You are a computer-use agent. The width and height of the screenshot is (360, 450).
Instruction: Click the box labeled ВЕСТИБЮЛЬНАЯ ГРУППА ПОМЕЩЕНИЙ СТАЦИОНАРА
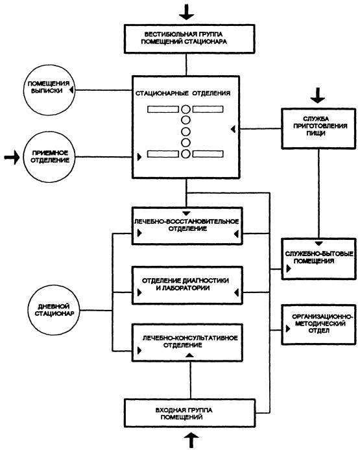point(189,39)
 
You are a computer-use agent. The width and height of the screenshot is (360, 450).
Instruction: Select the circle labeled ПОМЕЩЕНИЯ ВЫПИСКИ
point(49,90)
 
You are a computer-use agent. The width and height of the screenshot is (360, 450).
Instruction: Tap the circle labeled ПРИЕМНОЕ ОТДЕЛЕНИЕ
point(49,157)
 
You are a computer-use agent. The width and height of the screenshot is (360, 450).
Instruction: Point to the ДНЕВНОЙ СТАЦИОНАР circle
point(54,311)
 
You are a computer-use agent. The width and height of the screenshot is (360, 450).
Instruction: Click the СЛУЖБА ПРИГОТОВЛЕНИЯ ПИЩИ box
point(318,128)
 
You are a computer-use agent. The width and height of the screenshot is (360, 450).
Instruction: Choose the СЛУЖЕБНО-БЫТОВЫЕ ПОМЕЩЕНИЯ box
point(318,259)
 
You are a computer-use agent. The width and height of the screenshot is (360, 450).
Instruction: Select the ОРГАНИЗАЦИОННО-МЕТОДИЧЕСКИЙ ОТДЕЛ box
point(318,324)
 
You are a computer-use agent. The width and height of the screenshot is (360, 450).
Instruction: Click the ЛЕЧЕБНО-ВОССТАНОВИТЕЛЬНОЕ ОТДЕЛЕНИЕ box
point(187,226)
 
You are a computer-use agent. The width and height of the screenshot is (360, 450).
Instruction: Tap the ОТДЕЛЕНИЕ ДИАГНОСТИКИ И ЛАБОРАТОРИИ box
point(187,285)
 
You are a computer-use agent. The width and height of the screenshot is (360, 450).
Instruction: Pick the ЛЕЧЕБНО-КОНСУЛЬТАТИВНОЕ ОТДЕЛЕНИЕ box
point(187,342)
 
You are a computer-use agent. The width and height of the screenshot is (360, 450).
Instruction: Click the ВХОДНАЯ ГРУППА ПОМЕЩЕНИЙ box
point(189,413)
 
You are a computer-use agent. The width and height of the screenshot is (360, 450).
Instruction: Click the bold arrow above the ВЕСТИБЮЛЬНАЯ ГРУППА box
point(187,12)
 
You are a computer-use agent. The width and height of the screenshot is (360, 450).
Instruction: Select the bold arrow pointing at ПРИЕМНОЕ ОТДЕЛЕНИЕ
point(12,157)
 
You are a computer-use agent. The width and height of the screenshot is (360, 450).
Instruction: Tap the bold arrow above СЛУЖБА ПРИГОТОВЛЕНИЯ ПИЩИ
point(317,95)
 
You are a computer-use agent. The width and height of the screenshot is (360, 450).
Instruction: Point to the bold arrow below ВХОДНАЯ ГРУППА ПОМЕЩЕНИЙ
point(191,440)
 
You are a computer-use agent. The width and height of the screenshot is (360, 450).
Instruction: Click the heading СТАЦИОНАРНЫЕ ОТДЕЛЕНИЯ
point(183,93)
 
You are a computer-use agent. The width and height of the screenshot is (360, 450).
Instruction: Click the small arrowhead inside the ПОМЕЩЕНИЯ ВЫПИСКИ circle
point(71,90)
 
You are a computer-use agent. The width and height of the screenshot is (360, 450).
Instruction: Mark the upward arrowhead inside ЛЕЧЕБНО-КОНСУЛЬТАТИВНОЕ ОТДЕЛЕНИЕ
point(189,355)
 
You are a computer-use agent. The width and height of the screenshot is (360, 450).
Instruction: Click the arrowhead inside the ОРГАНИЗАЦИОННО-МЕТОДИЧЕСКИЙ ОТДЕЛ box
point(288,329)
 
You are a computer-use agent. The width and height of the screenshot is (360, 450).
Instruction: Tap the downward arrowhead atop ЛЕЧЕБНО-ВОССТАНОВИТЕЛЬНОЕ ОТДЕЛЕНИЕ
point(187,213)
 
